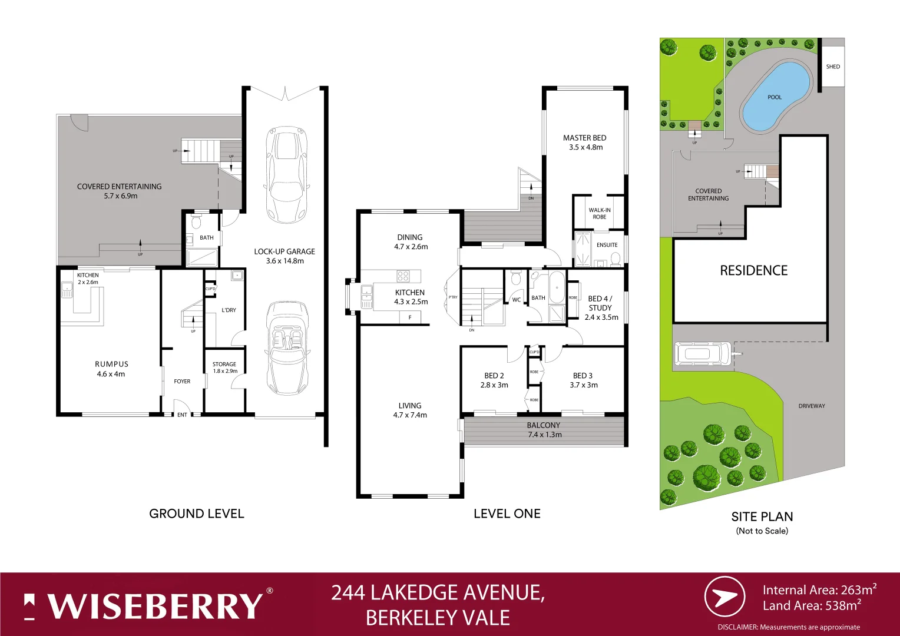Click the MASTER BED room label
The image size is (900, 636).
584,138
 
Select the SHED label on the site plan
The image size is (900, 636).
833,67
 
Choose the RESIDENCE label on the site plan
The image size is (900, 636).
753,271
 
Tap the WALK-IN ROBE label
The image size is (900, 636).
600,213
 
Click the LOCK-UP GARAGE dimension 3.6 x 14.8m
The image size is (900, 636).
284,261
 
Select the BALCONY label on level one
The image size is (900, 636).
543,425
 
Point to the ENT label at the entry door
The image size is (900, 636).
182,415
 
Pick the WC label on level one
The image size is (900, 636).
517,300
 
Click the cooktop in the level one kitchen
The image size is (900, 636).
403,276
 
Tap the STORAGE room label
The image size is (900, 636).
224,365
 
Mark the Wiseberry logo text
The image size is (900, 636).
154,606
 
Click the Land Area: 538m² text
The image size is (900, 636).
812,605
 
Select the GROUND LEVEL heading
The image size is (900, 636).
196,514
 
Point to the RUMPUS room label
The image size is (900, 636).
111,365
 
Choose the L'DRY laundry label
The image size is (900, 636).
229,310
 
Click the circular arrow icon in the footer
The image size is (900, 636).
724,597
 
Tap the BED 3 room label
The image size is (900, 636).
583,376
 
